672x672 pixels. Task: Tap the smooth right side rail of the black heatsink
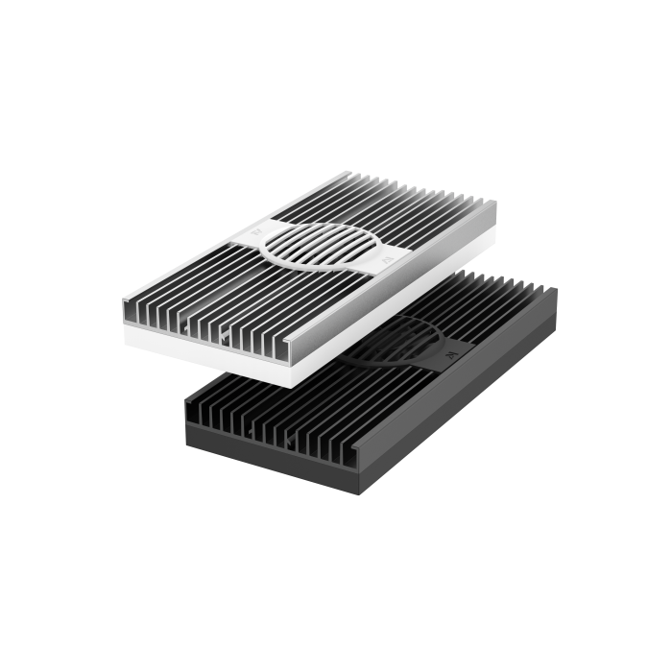click(x=480, y=384)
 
